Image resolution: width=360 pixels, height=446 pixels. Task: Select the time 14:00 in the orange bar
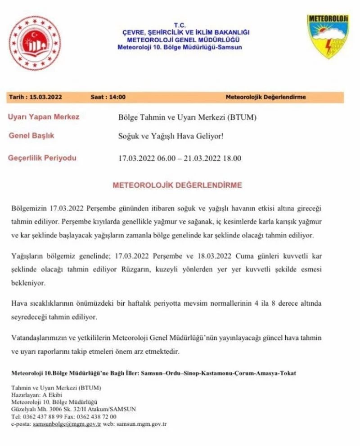[x=117, y=97]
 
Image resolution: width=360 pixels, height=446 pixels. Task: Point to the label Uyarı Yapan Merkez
[x=44, y=117]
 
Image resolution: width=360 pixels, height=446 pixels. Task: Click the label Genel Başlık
[x=31, y=135]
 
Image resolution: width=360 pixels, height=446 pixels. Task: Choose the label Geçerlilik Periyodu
[x=42, y=158]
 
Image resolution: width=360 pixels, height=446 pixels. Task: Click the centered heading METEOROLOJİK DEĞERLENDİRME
[x=177, y=185]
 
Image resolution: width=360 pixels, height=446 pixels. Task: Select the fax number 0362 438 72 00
[x=96, y=416]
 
